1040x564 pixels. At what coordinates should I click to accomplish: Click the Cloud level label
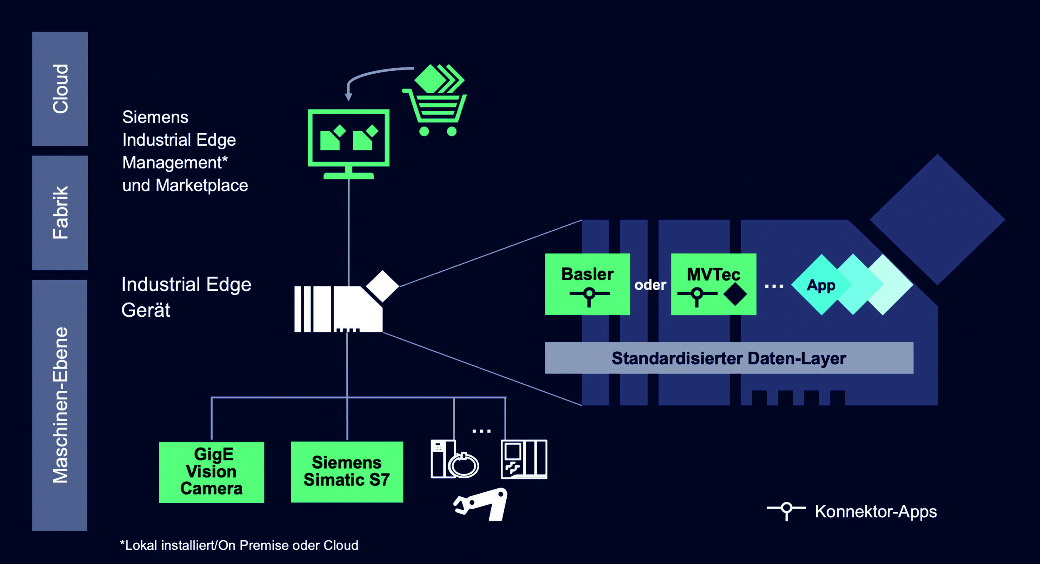click(x=60, y=89)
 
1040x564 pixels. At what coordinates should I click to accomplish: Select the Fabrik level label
click(x=60, y=213)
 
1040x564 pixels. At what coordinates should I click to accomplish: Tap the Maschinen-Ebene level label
click(x=60, y=405)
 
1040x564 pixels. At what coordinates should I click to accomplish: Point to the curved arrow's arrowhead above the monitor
click(x=349, y=97)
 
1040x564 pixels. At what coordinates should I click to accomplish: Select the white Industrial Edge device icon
click(x=338, y=309)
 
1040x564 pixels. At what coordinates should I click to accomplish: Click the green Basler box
click(x=587, y=284)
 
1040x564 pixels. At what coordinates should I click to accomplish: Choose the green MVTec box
click(x=713, y=284)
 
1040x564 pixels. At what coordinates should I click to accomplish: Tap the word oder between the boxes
click(x=650, y=285)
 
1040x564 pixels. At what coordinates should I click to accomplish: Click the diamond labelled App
click(x=821, y=285)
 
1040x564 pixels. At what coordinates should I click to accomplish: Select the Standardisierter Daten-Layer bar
click(x=729, y=358)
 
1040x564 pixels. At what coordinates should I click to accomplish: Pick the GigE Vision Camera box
click(x=211, y=472)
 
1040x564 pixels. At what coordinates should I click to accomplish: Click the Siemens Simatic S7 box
click(x=347, y=472)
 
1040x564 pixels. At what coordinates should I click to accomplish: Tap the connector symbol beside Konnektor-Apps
click(x=786, y=509)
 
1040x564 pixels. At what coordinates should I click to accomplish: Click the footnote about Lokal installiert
click(x=239, y=545)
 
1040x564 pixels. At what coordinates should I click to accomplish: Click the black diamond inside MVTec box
click(x=735, y=294)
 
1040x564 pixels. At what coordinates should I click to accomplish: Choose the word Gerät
click(x=146, y=311)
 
